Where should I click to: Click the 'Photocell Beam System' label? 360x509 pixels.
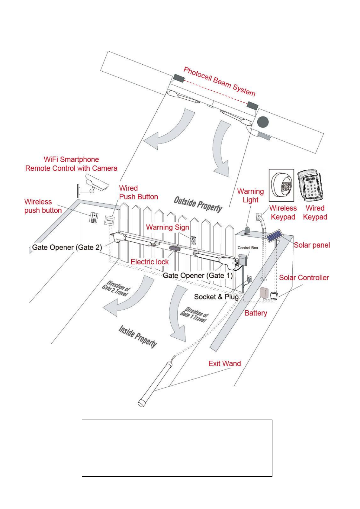220,81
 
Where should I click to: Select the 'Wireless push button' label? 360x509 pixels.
43,206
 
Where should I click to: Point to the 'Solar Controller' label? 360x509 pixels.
304,278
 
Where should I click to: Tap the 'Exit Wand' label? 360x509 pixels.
224,363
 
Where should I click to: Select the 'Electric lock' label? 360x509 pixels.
149,262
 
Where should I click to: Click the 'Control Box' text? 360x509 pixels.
248,248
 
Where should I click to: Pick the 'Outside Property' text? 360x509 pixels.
198,205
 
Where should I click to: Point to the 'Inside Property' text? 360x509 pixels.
138,336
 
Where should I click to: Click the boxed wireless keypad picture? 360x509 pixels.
281,185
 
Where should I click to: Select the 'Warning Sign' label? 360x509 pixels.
168,227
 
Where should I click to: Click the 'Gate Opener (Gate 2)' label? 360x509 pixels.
67,247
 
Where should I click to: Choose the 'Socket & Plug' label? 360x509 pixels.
216,297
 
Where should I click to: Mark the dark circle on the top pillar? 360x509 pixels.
262,122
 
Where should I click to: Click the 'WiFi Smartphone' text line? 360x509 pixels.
71,159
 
